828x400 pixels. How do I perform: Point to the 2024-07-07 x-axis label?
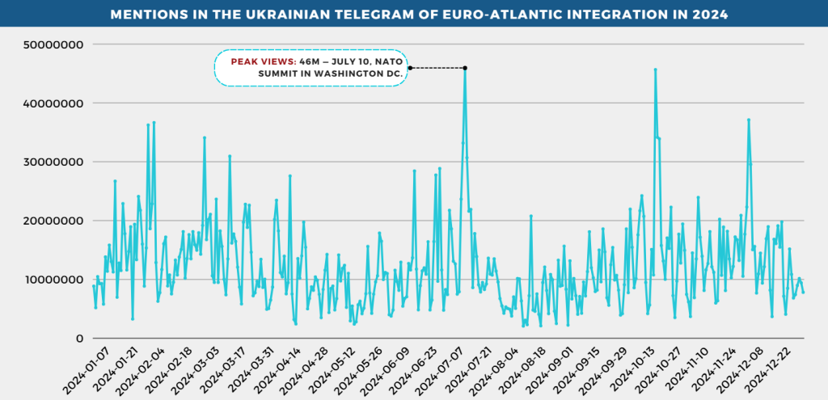[443, 368]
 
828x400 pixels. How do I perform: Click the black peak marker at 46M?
[465, 68]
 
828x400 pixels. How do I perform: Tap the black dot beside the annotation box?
[410, 68]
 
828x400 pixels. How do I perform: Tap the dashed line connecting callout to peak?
[437, 68]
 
